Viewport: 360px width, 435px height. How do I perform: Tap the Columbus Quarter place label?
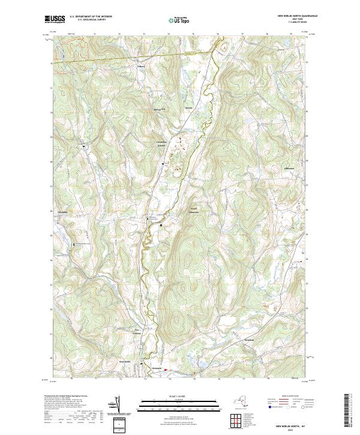157,145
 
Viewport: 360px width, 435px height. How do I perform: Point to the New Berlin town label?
140,361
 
